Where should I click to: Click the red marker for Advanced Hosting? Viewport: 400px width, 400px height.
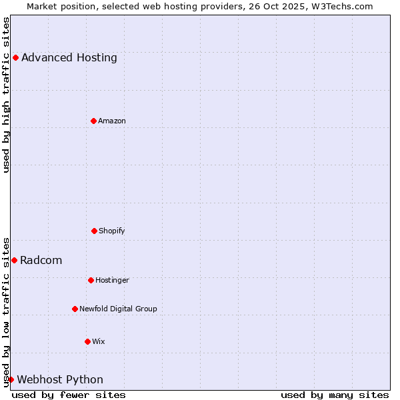(x=15, y=57)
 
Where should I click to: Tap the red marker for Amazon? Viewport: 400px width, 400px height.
(x=93, y=121)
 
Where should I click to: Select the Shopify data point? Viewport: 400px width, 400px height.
(x=94, y=231)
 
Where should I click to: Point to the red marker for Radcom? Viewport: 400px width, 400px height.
(x=14, y=260)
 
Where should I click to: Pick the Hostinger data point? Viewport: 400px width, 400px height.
(x=91, y=280)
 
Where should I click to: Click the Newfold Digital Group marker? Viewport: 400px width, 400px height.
(x=75, y=309)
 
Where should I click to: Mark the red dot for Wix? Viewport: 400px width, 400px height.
(x=87, y=341)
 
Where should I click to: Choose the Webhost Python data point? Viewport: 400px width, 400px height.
(x=11, y=379)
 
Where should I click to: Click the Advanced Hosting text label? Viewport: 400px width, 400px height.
(x=69, y=57)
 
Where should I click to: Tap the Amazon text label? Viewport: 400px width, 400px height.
(x=112, y=121)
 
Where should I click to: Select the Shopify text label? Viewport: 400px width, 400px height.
(x=112, y=231)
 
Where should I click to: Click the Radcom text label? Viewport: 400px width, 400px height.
(x=41, y=260)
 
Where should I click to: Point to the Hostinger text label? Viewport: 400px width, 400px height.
(x=112, y=280)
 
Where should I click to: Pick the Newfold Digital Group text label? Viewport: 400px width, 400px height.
(x=118, y=309)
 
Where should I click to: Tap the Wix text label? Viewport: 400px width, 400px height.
(x=99, y=341)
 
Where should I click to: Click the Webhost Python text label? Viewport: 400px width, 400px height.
(x=60, y=379)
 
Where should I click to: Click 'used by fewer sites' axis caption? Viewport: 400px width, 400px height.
(x=69, y=395)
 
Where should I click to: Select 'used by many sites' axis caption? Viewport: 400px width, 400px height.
(x=335, y=395)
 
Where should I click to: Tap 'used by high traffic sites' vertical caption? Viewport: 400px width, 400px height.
(x=6, y=95)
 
